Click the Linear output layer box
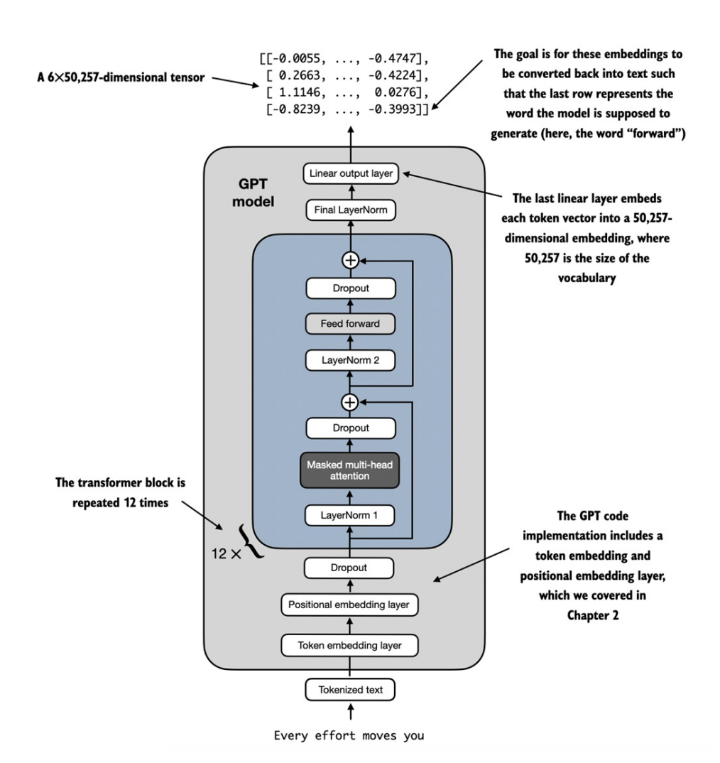[349, 173]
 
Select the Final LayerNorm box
[349, 210]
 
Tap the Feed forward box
[349, 324]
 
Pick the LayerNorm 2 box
[349, 361]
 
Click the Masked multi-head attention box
[349, 470]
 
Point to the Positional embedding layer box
[349, 605]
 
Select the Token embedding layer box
[349, 645]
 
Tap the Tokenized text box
[349, 688]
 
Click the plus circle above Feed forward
[349, 260]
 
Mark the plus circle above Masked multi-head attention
[349, 403]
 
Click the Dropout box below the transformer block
[349, 568]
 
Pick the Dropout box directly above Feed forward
[349, 288]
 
